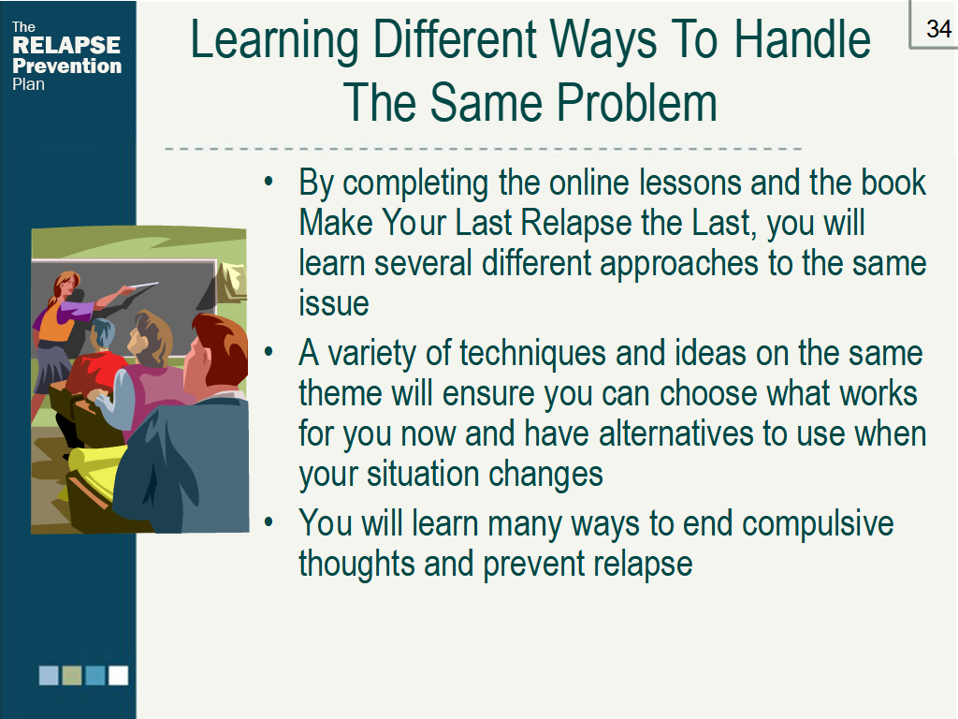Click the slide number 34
938,29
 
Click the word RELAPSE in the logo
66,45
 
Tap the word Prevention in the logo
66,66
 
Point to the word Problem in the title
636,102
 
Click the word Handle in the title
802,39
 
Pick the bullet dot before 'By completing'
269,182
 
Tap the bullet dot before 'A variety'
269,352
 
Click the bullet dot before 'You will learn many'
269,521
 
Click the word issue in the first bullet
334,303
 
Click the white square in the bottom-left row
119,675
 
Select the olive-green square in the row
71,675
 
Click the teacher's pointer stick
140,286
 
